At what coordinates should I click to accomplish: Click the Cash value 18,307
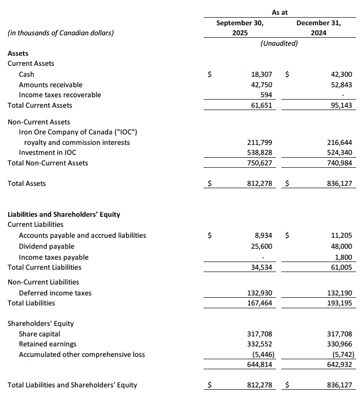coord(261,74)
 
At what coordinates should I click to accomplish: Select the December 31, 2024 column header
coord(318,28)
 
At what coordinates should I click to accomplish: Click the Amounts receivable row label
coord(51,85)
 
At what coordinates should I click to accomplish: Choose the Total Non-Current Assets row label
coord(48,163)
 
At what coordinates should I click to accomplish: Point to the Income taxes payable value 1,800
coord(344,257)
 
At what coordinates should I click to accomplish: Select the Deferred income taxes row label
coord(55,293)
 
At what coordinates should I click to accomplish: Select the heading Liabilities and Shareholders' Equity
coord(64,214)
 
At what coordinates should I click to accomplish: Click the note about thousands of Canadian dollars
coord(61,33)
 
